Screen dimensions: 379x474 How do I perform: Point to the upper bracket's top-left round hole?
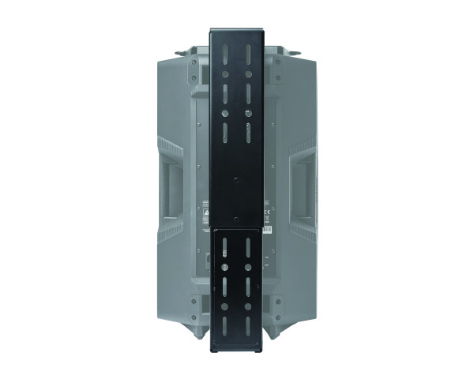pos(225,77)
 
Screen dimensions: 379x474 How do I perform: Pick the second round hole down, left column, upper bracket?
pos(225,113)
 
